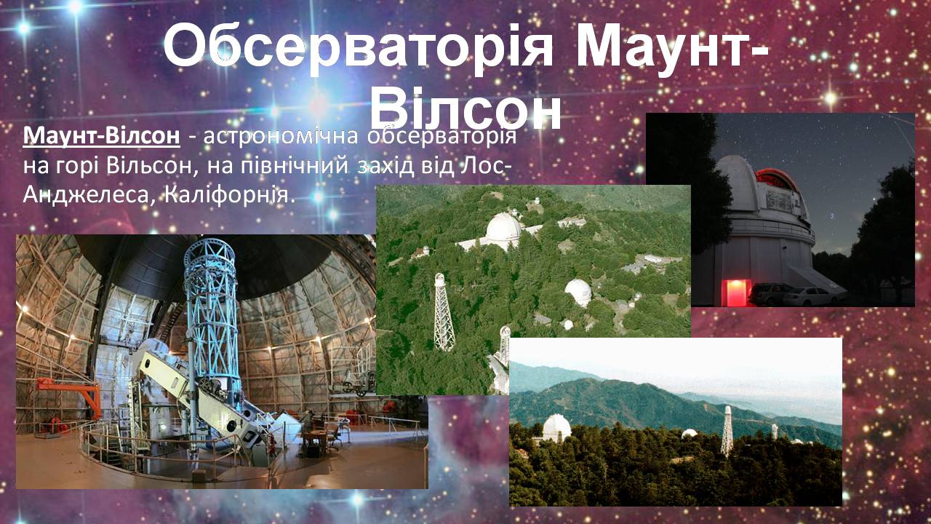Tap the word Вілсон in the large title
point(466,110)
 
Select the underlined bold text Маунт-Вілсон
point(101,135)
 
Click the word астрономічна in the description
point(281,136)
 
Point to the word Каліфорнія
point(229,194)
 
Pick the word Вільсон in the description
point(149,165)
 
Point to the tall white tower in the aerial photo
point(443,312)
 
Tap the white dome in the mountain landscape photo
point(556,427)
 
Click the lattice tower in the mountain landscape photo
point(727,432)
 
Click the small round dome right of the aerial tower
point(578,293)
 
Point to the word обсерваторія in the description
point(441,136)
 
